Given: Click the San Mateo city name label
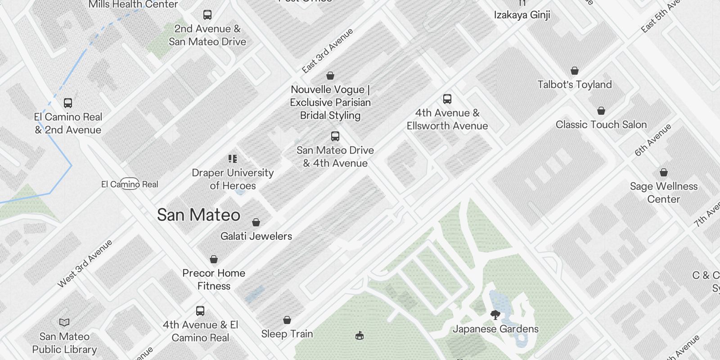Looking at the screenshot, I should [198, 215].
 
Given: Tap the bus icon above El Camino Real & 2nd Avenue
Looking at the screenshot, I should [68, 103].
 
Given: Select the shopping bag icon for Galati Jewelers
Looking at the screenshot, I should [256, 222].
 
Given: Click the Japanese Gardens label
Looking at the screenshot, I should [495, 329].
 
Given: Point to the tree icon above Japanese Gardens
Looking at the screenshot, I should [495, 315].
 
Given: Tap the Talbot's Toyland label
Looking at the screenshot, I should [575, 85].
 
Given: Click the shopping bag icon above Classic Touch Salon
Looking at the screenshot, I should [601, 111].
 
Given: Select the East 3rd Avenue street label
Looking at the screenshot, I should [327, 51].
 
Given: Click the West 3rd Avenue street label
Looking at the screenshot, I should [85, 264].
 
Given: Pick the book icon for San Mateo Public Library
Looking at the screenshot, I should [64, 322].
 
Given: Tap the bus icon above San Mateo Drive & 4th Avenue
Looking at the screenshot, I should [335, 136].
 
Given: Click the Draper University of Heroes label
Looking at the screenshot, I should [233, 179].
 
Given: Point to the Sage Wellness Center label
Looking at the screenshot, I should [663, 193].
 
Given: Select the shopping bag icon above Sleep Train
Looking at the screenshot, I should [287, 320].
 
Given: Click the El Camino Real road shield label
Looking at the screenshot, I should [130, 184].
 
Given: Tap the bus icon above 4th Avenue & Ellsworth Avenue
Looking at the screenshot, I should [447, 99].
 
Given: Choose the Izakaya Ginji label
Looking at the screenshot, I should [522, 15].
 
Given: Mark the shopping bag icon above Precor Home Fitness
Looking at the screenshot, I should [214, 259].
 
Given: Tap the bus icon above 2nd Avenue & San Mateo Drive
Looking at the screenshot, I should [207, 15].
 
